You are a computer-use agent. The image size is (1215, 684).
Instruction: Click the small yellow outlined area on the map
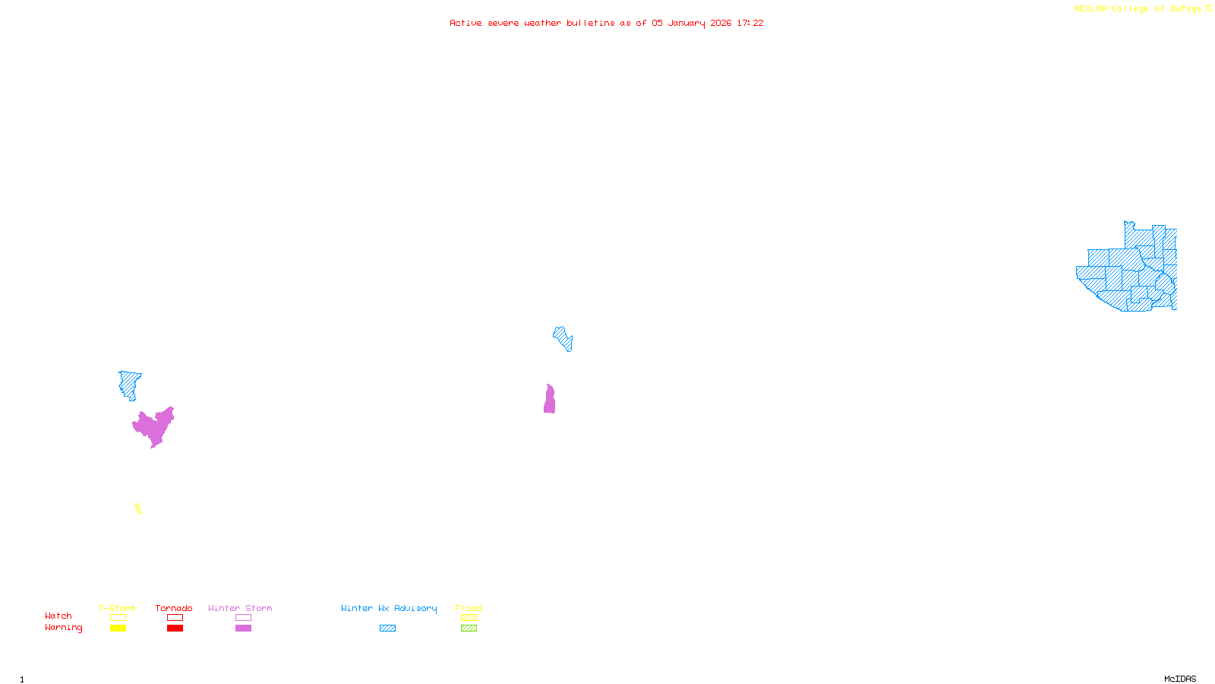[138, 509]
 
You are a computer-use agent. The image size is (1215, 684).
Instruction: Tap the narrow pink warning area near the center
[549, 401]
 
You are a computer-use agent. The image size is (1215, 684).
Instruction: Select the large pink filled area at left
[154, 426]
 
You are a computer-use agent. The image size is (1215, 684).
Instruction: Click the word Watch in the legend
[58, 616]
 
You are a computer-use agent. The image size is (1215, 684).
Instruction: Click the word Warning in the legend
[63, 628]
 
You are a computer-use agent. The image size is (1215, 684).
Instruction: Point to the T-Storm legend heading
[117, 608]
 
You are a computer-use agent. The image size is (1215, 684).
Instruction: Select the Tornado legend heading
[174, 608]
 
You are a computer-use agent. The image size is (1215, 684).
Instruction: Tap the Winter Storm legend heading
[240, 608]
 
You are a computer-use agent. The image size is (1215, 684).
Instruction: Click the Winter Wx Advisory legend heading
[389, 608]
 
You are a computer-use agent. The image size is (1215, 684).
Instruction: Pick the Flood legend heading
[469, 608]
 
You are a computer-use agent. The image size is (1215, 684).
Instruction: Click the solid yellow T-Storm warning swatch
[118, 629]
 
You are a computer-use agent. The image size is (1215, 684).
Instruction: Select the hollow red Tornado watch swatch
[175, 618]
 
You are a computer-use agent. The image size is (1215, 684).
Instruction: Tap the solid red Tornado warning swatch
[175, 629]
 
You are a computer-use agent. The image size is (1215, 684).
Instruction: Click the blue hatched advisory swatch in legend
[387, 629]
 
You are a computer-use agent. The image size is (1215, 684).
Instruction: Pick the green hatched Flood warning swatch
[469, 629]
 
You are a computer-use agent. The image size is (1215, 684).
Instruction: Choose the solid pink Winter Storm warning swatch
[243, 629]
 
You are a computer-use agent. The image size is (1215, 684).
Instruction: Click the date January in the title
[686, 24]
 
